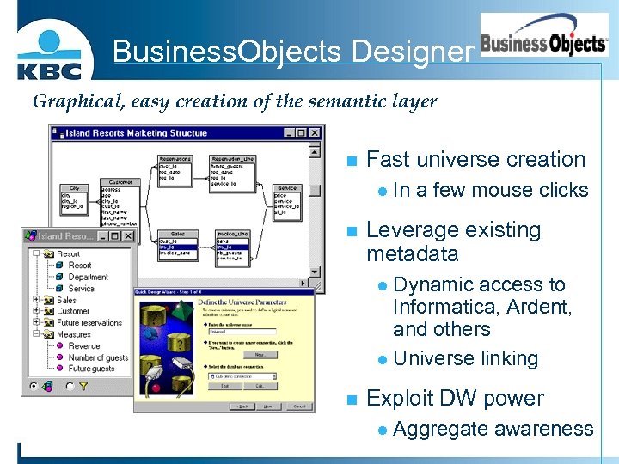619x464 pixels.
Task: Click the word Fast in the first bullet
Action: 388,160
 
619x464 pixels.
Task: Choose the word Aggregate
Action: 440,429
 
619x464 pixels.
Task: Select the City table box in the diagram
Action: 74,198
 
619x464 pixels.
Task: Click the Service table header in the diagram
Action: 286,188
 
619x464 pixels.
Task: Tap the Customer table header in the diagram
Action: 120,182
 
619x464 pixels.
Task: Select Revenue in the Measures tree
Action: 84,346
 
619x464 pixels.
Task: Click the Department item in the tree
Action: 88,278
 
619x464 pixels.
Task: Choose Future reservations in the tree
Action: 89,323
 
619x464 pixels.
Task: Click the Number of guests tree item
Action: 98,357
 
